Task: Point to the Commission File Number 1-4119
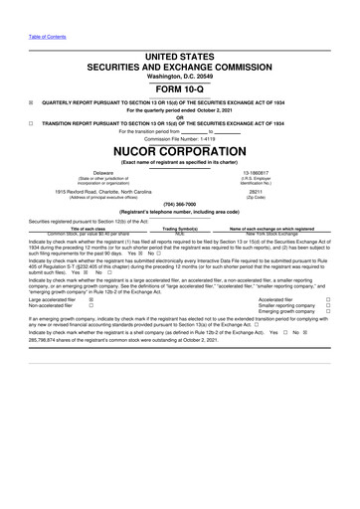point(179,138)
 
